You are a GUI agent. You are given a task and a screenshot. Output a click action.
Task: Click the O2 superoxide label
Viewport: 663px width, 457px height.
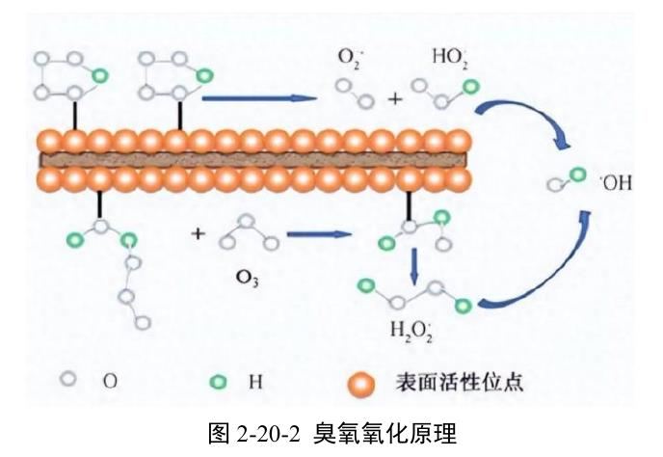coord(349,58)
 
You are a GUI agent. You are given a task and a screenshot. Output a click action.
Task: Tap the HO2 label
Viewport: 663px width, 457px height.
coord(450,58)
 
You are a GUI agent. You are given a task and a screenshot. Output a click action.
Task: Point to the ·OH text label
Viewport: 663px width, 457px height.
coord(617,183)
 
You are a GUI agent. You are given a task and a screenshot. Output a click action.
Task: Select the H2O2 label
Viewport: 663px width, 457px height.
coord(411,330)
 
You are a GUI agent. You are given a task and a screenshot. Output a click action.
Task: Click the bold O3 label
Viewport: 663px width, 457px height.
coord(248,278)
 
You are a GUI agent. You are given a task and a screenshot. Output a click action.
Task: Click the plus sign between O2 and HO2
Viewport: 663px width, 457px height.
coord(395,99)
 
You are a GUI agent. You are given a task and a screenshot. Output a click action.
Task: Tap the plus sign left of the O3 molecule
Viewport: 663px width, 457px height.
coord(198,233)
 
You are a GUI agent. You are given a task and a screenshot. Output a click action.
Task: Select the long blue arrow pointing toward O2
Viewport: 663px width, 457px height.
coord(259,98)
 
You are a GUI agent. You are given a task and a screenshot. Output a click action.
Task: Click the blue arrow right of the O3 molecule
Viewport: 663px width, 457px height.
coord(320,234)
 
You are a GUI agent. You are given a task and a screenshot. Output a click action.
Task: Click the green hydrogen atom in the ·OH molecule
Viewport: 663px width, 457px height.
coord(577,175)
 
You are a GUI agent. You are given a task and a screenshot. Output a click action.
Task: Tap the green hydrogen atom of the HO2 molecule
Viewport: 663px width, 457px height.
coord(470,87)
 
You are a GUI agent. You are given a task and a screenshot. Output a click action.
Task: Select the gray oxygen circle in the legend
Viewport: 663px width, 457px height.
coord(68,379)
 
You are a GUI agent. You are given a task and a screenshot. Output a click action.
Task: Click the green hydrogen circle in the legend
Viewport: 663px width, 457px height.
coord(218,382)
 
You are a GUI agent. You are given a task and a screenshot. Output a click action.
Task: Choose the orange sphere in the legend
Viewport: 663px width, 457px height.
coord(360,385)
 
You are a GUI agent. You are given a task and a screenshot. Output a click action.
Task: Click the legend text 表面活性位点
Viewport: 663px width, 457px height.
coord(460,382)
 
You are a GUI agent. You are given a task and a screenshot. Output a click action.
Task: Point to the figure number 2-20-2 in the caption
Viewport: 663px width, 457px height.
coord(268,434)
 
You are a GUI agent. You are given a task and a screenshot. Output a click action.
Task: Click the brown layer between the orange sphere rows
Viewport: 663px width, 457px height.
coord(253,160)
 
